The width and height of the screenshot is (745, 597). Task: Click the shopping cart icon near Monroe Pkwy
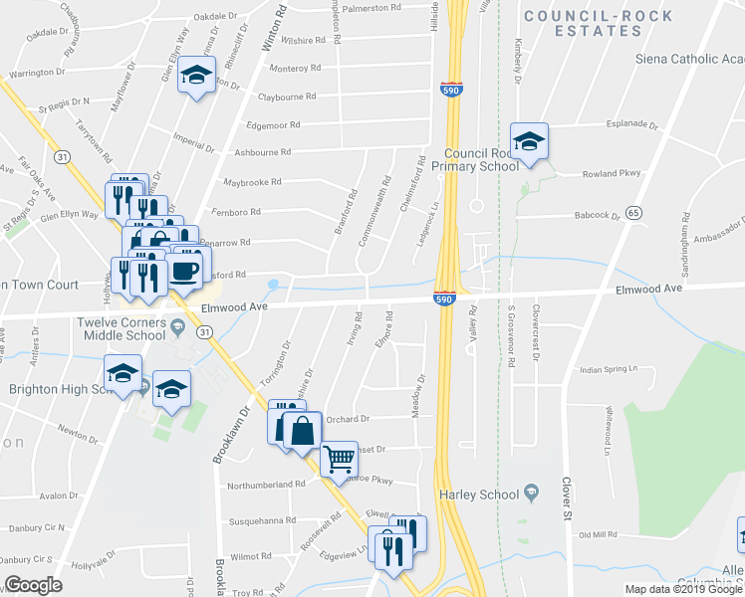(x=340, y=460)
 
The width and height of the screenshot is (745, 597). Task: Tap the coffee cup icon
(x=185, y=269)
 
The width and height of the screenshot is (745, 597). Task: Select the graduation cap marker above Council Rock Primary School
(x=529, y=140)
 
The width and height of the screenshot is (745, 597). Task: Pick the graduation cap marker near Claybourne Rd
(x=196, y=76)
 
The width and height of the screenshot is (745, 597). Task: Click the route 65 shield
(x=634, y=213)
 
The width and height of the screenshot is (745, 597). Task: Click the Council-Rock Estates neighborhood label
(x=598, y=23)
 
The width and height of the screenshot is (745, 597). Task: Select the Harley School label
(x=479, y=495)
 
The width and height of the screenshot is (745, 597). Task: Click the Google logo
(x=33, y=585)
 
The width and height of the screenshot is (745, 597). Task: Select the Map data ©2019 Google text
(x=683, y=589)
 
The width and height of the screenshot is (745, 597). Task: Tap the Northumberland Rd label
(x=265, y=485)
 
